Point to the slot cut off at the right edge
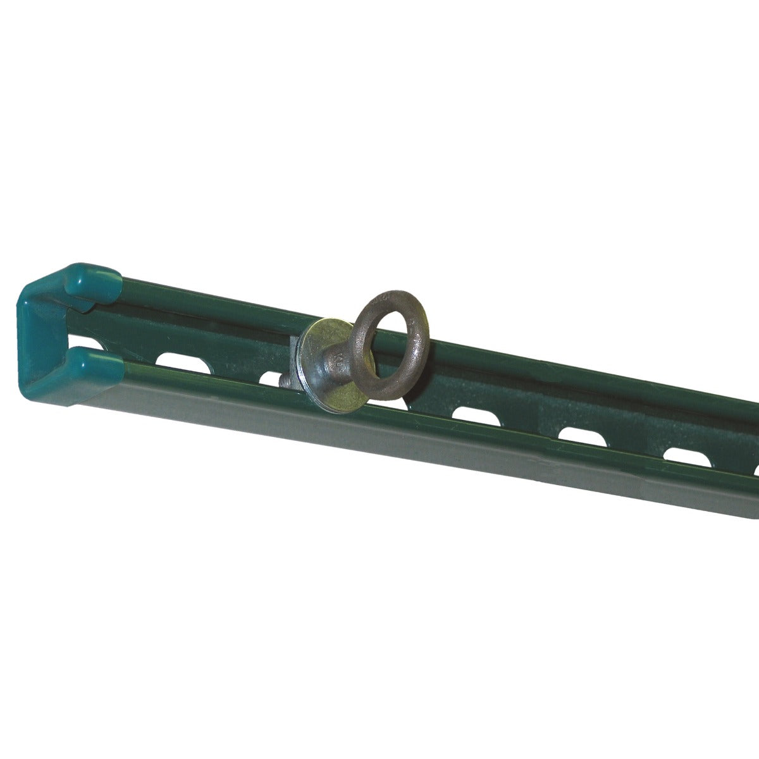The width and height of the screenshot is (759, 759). click(756, 469)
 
